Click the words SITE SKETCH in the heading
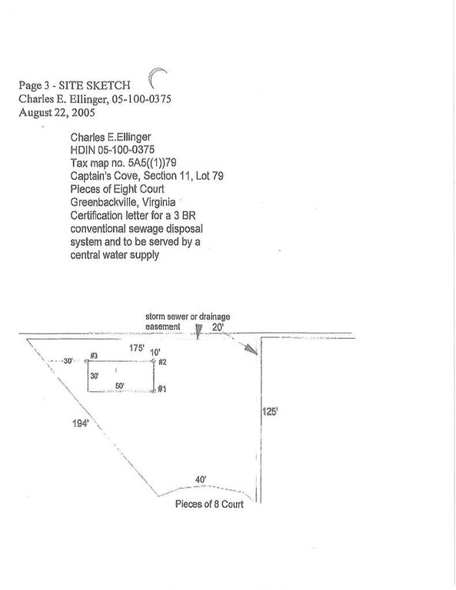click(x=95, y=85)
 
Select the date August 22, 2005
click(x=57, y=112)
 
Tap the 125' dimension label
click(x=270, y=412)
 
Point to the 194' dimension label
click(x=80, y=424)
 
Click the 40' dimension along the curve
click(x=201, y=479)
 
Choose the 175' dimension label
click(x=137, y=348)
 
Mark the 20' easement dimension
click(x=218, y=327)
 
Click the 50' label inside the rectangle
click(x=120, y=386)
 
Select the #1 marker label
click(x=161, y=389)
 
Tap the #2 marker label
click(x=162, y=362)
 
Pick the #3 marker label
click(x=94, y=356)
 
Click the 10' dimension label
click(x=155, y=353)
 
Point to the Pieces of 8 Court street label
click(x=209, y=504)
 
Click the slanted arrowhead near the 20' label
click(x=251, y=349)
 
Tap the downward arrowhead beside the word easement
click(x=198, y=330)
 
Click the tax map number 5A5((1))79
click(x=152, y=163)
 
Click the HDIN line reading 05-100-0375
click(x=112, y=150)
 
